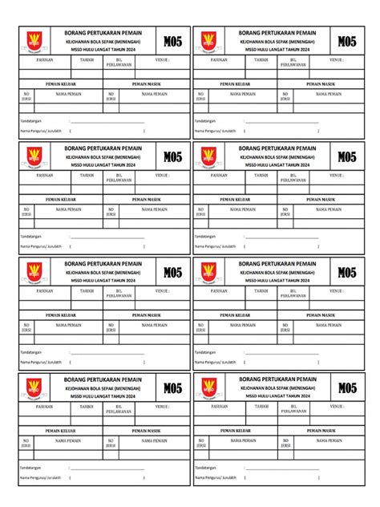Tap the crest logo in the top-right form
coord(208,42)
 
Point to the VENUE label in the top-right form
coord(338,59)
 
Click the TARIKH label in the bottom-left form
coord(87,406)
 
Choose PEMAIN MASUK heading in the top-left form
coord(148,83)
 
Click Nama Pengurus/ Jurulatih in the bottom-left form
coord(41,476)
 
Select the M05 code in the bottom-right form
coord(347,388)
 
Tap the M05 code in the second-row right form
coord(347,157)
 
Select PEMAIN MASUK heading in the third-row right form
coord(323,314)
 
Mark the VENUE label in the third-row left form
coord(163,290)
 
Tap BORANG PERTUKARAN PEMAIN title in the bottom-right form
coord(277,379)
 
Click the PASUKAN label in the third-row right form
coord(220,290)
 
